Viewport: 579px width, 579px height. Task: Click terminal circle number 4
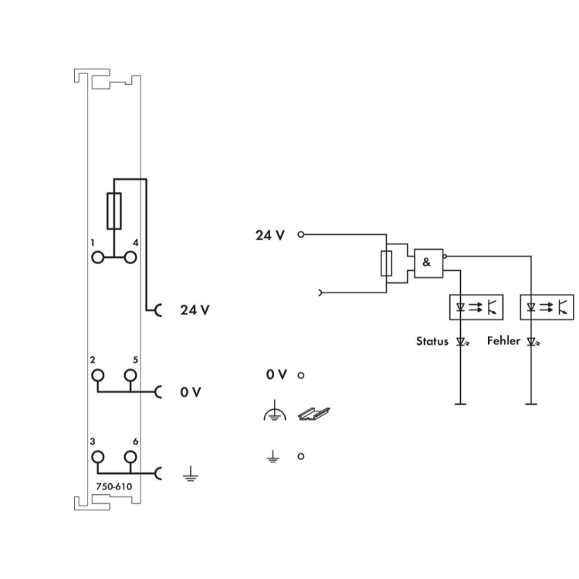130,257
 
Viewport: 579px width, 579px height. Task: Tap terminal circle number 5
130,376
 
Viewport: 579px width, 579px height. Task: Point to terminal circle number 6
130,457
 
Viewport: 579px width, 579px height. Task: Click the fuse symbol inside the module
113,211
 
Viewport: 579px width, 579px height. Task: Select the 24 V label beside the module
195,310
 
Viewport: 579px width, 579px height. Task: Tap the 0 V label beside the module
191,392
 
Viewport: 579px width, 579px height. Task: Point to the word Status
432,340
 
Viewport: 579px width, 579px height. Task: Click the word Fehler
503,340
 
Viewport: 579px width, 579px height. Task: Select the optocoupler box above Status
475,307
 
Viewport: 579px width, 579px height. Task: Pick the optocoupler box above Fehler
547,307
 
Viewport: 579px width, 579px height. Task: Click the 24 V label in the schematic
271,235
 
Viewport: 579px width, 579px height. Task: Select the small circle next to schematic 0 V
300,375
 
